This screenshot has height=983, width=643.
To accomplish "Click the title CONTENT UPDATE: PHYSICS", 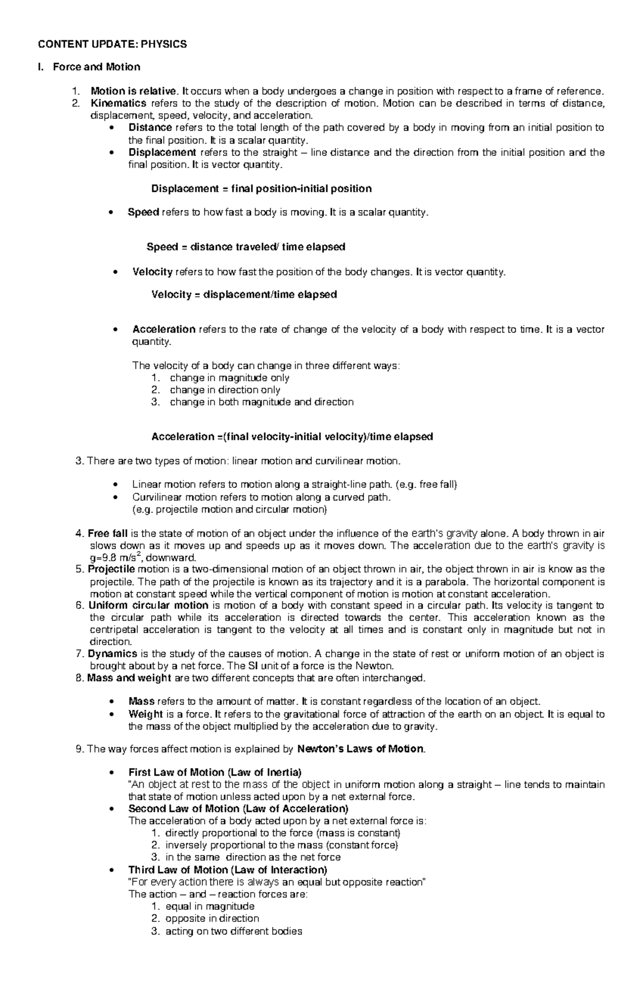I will (112, 44).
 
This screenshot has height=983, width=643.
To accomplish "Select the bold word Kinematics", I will (118, 103).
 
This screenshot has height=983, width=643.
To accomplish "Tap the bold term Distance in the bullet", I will (150, 127).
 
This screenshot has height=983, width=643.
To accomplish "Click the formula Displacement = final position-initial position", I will (261, 189).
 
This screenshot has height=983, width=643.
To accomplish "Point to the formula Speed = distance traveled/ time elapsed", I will (245, 247).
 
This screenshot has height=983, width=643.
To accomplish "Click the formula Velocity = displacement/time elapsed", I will (244, 295).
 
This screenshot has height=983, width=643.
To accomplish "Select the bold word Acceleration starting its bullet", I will (163, 329).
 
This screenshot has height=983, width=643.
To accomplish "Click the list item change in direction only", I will (225, 390).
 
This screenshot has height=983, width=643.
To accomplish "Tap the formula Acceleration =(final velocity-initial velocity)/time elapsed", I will (292, 437).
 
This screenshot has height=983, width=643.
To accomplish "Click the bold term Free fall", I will (108, 534).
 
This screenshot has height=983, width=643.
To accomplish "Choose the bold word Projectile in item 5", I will (111, 569).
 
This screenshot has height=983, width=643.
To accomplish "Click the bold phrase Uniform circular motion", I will (148, 605).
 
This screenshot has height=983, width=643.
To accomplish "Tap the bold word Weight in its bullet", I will (145, 714).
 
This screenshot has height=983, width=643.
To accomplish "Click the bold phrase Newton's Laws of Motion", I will (360, 749).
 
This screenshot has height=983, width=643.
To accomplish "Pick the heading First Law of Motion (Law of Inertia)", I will (214, 772).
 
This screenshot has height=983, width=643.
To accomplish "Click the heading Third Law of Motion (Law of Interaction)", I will (227, 869).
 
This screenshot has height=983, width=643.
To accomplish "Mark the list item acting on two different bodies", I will (234, 932).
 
